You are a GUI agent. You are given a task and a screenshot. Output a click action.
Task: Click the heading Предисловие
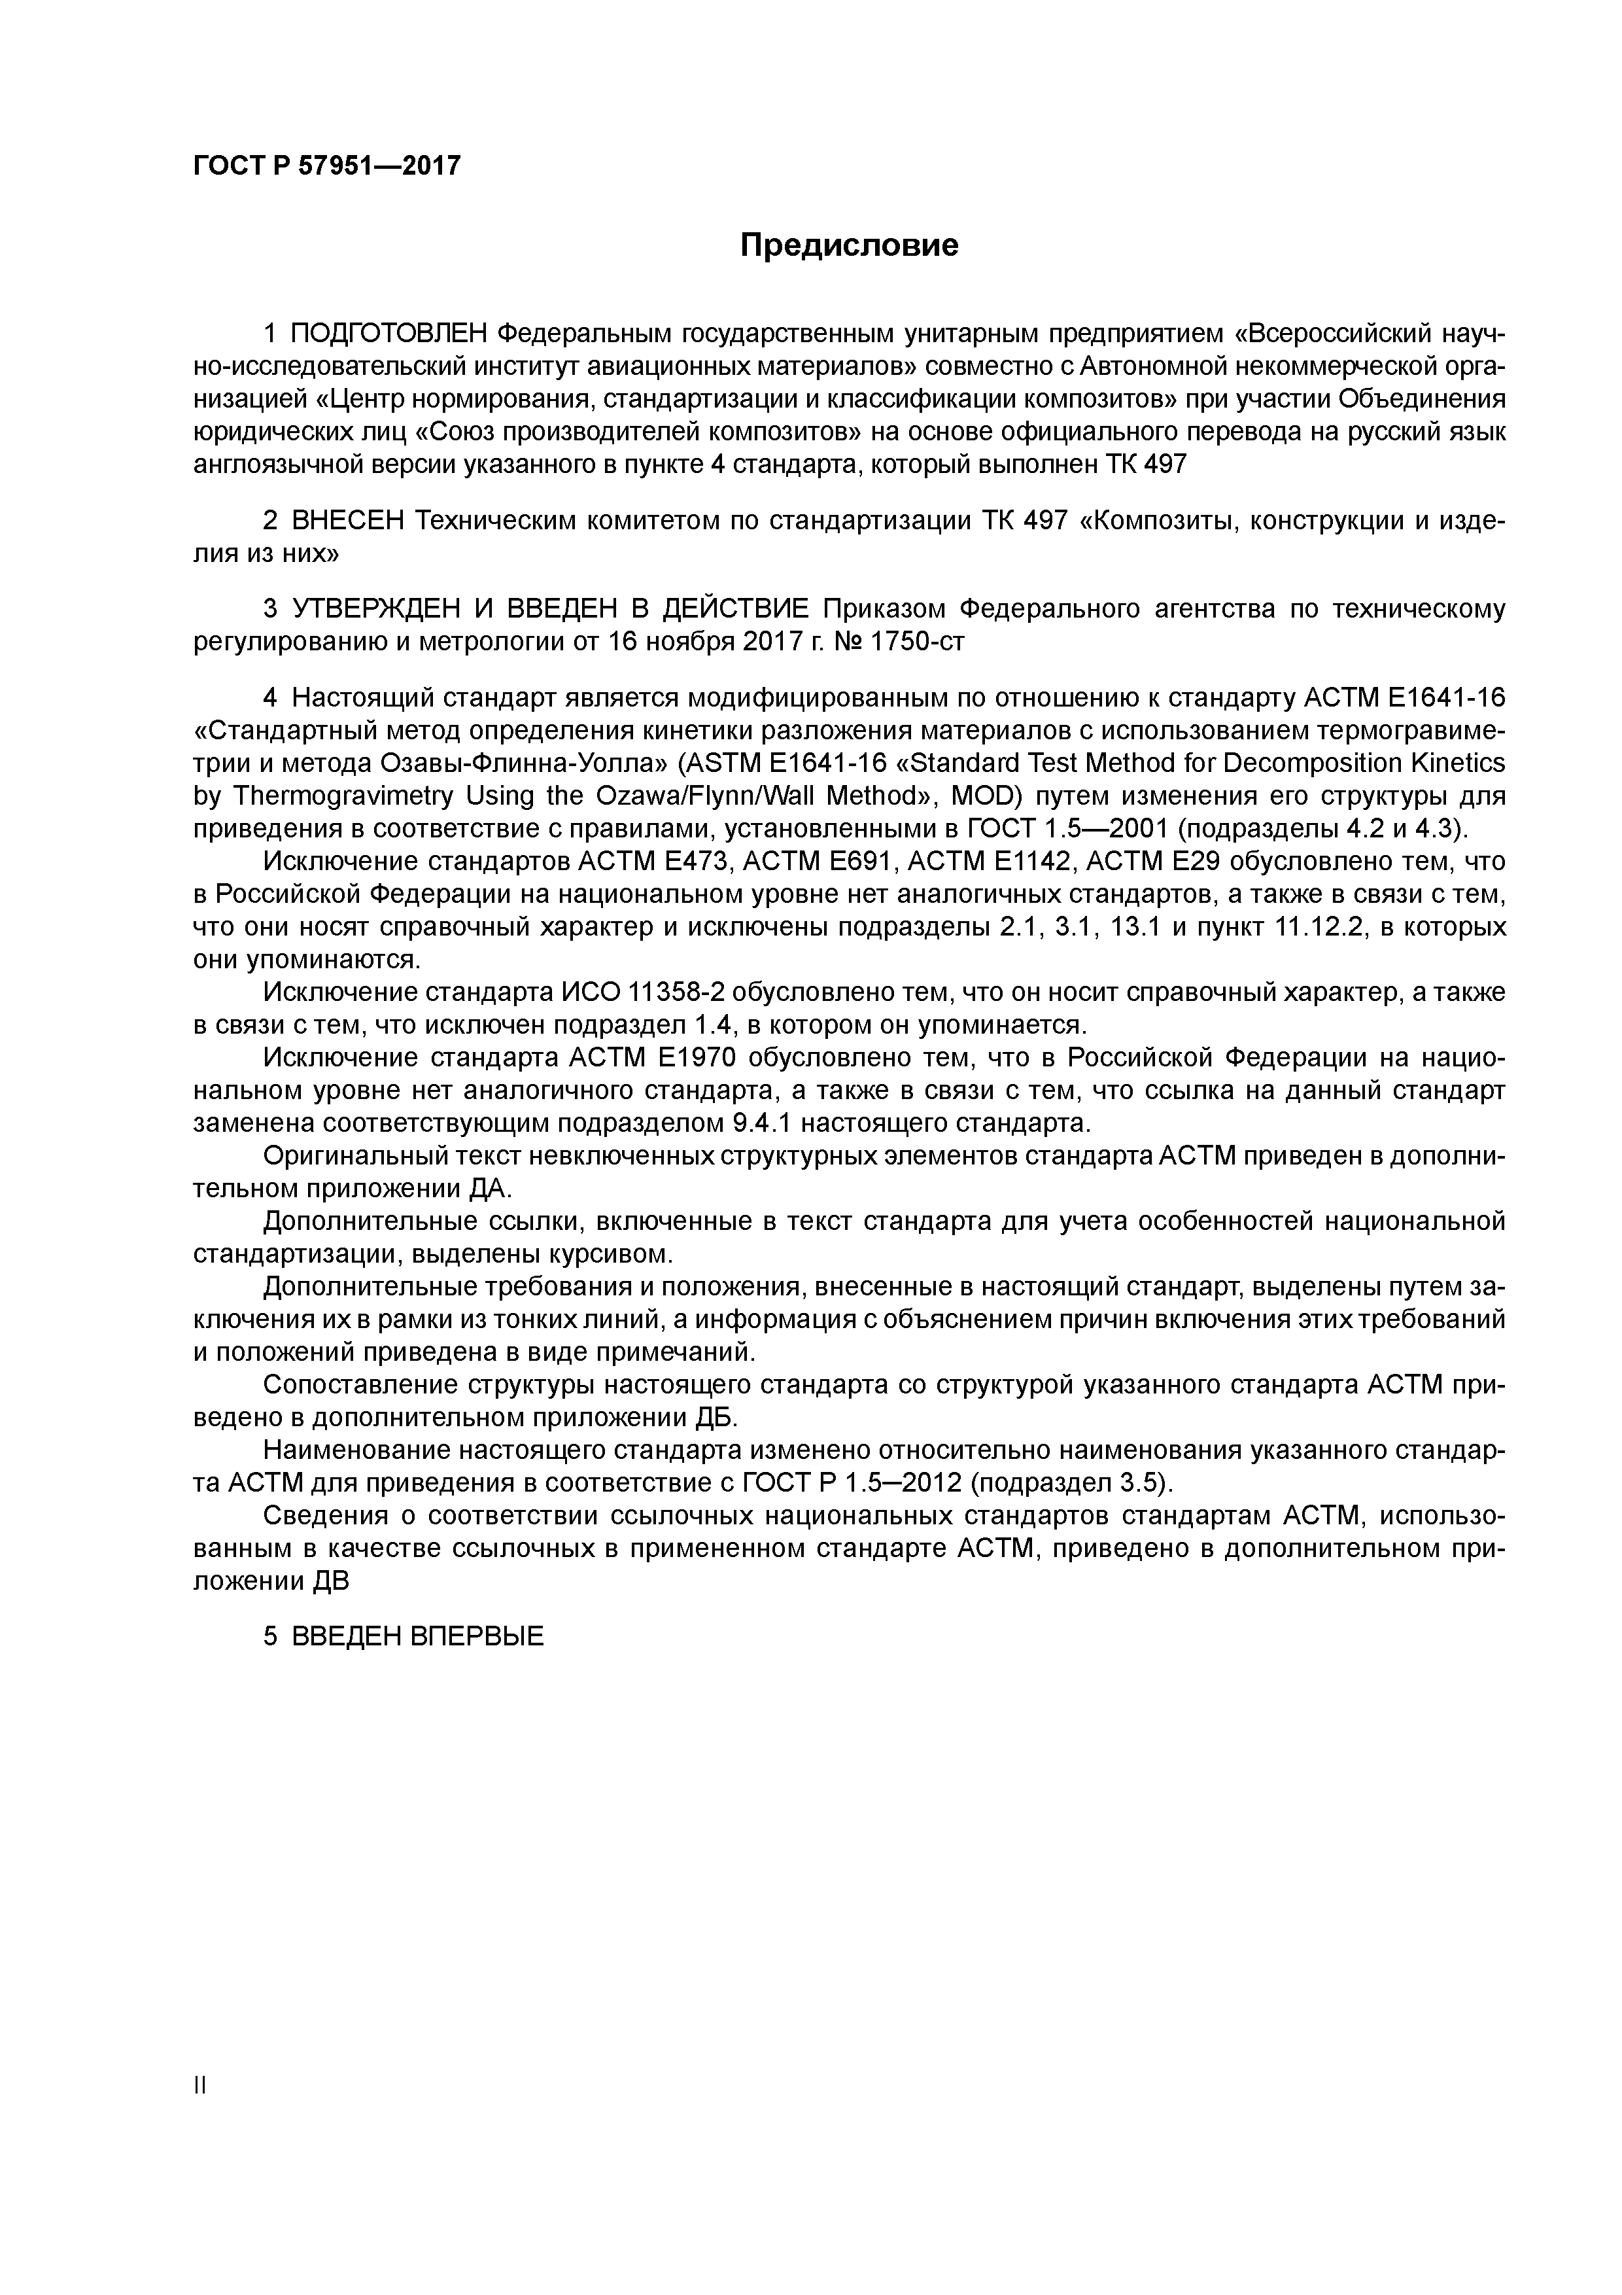[x=848, y=245]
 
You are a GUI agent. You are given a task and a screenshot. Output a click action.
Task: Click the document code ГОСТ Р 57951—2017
[x=327, y=166]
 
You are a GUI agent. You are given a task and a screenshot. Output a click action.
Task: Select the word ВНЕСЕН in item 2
[x=348, y=522]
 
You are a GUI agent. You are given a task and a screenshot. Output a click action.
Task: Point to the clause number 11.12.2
[x=1320, y=926]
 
